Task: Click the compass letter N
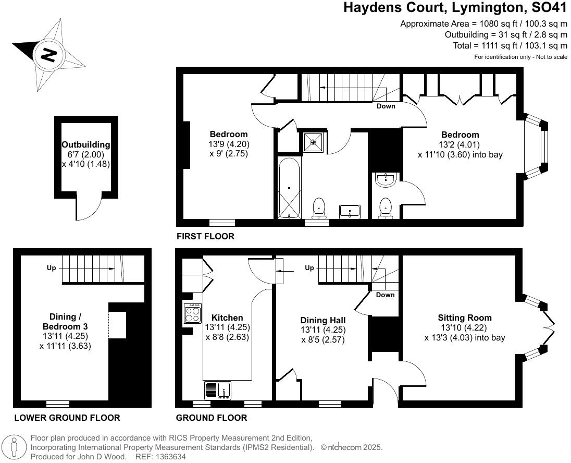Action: click(49, 54)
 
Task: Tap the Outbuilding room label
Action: click(86, 144)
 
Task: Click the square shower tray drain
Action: click(313, 141)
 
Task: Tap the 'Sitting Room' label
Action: click(465, 318)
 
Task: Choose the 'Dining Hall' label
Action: click(323, 320)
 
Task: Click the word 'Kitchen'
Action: click(227, 318)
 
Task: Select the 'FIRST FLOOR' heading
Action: click(205, 236)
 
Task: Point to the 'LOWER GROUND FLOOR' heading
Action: click(67, 418)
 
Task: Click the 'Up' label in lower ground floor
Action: click(52, 268)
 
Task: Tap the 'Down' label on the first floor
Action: click(386, 106)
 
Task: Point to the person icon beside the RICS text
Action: click(16, 447)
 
